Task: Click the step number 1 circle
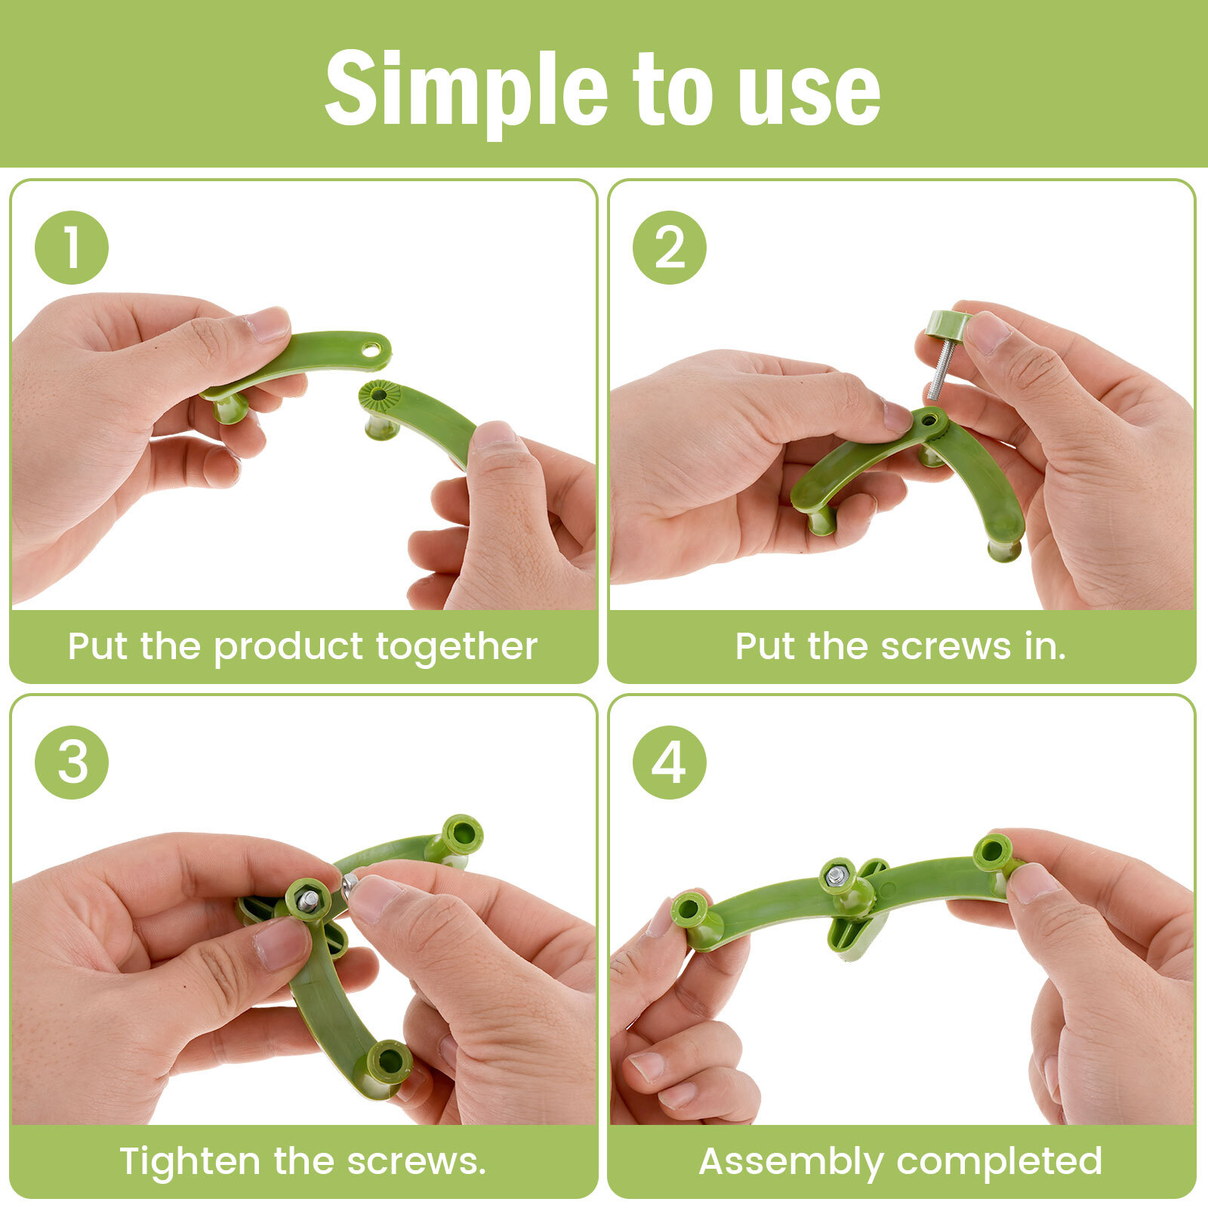(72, 247)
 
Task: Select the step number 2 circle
(669, 247)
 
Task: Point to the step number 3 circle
(72, 762)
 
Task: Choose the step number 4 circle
(669, 762)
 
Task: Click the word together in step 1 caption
(456, 647)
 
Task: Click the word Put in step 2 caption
(766, 647)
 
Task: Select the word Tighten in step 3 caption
(189, 1162)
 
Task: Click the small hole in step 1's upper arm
(371, 350)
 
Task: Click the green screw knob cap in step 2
(948, 324)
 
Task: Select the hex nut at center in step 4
(836, 877)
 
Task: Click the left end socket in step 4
(689, 911)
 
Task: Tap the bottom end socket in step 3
(390, 1062)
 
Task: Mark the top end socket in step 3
(462, 834)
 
